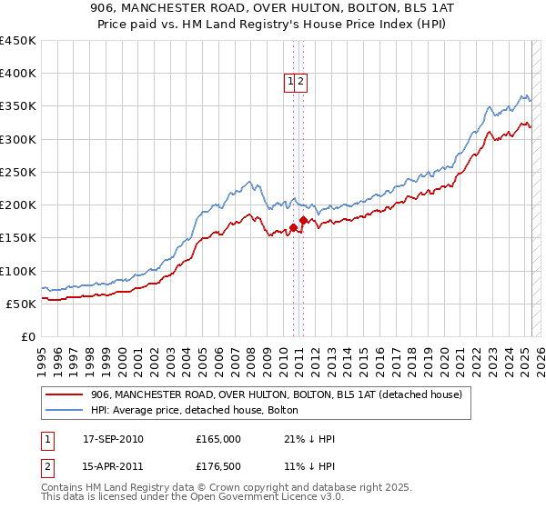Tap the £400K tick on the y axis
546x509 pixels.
18,74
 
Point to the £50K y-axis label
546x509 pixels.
21,304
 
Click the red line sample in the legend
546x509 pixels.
64,394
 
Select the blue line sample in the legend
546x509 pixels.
64,410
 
